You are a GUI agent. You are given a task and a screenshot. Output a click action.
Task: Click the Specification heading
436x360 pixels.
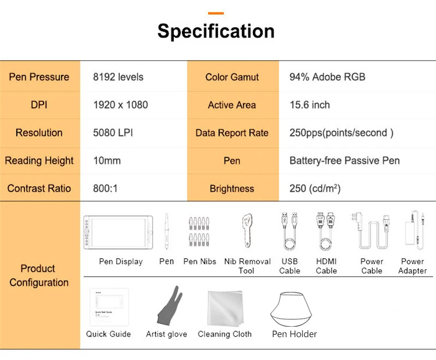(x=216, y=31)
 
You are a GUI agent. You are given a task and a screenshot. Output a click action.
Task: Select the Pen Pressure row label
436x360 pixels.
(x=39, y=77)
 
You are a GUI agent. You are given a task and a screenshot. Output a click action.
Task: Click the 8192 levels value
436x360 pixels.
(x=118, y=77)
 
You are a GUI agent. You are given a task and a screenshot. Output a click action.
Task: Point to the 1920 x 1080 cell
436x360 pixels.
(x=120, y=105)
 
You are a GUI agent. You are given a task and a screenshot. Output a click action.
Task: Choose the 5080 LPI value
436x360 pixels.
(x=113, y=132)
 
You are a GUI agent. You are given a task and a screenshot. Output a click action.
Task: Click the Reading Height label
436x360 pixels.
(x=39, y=161)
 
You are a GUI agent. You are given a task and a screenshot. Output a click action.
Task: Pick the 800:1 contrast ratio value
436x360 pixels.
(x=105, y=188)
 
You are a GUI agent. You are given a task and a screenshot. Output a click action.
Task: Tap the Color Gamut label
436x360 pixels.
(x=232, y=77)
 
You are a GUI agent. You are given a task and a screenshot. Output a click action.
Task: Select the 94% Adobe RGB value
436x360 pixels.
(x=327, y=77)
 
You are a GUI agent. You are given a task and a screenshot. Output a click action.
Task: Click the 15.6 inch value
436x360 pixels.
(x=310, y=105)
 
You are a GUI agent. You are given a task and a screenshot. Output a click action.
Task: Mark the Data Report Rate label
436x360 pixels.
(x=232, y=132)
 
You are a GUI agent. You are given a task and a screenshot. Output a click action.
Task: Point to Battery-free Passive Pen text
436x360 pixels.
(x=344, y=161)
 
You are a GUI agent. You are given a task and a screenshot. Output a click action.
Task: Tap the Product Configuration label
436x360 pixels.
(x=39, y=276)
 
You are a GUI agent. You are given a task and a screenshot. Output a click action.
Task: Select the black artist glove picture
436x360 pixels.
(x=166, y=308)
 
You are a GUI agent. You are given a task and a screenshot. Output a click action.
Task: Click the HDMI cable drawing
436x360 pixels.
(x=325, y=231)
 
